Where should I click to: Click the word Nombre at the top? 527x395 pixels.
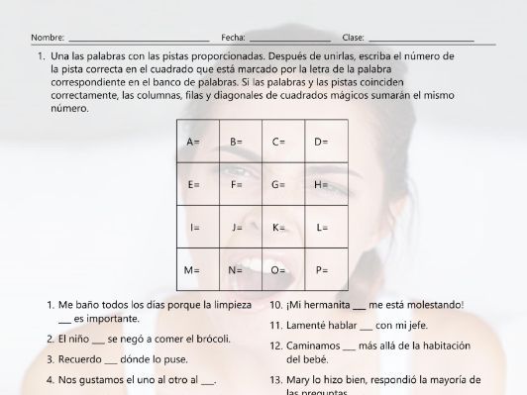[47, 37]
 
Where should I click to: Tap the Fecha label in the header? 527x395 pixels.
[233, 37]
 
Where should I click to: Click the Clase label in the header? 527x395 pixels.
[353, 37]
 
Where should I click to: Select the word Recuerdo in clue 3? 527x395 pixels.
[79, 358]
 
